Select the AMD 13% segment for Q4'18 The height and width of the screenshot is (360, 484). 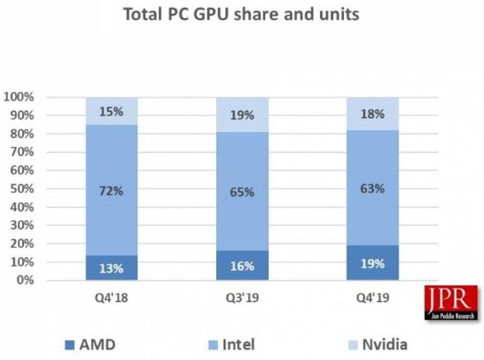click(x=112, y=268)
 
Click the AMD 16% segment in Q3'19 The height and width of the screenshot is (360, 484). click(x=242, y=265)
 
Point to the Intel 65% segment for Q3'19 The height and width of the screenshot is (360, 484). click(x=242, y=192)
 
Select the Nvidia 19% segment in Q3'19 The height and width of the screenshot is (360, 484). click(x=242, y=115)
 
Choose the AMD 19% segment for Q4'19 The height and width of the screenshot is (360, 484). click(x=372, y=262)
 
